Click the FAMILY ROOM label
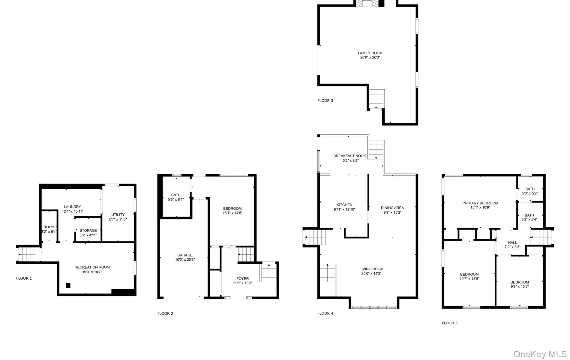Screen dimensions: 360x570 [x=370, y=53]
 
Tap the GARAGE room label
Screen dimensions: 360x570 [x=185, y=255]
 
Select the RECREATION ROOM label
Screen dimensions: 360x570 [x=92, y=267]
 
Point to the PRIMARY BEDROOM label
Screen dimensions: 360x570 [x=480, y=203]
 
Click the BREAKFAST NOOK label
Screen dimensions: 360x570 [x=349, y=156]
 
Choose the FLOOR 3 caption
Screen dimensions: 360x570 [x=325, y=100]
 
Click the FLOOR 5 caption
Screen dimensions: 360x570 [x=449, y=323]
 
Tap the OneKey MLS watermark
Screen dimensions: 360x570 [x=540, y=354]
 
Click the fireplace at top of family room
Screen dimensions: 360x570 [x=367, y=3]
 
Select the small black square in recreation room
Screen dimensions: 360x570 [x=68, y=285]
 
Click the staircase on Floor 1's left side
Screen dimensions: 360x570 [x=28, y=254]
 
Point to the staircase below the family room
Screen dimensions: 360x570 [x=376, y=99]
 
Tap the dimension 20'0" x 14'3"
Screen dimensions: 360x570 [x=371, y=274]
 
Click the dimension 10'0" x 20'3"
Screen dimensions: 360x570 [x=185, y=260]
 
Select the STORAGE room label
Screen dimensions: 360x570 [x=88, y=231]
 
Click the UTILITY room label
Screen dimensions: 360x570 [x=118, y=215]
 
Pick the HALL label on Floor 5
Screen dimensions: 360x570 [x=512, y=243]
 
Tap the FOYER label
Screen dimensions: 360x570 [x=242, y=279]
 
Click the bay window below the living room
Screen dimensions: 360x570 [x=374, y=307]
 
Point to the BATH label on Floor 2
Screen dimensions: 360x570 [x=176, y=195]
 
